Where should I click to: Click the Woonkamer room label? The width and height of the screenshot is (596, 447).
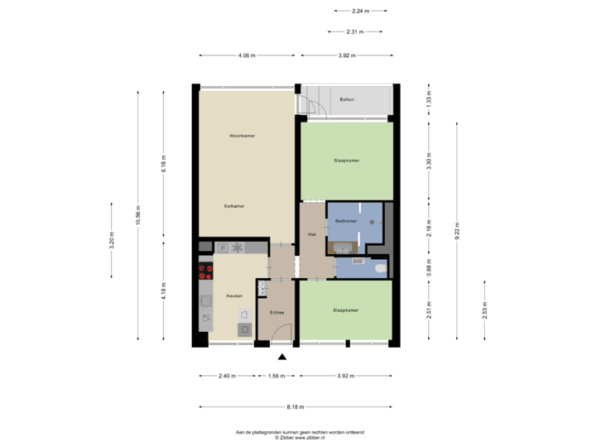tap(242, 135)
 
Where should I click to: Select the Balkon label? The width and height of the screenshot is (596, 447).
tap(347, 99)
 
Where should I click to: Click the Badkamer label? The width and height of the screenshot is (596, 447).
tap(346, 221)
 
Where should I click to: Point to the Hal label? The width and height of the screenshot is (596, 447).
tap(313, 235)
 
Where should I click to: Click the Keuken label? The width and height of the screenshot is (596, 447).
tap(234, 296)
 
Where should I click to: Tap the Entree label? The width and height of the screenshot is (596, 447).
tap(276, 312)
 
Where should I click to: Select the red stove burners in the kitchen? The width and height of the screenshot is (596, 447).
tap(202, 273)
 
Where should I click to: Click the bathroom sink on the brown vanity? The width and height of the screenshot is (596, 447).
tap(340, 246)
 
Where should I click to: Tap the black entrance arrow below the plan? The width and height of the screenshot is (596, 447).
tap(282, 358)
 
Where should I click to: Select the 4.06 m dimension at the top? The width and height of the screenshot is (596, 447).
tap(247, 55)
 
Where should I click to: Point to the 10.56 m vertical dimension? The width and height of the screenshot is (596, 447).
tap(138, 215)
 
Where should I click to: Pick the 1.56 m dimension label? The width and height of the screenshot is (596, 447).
tap(276, 376)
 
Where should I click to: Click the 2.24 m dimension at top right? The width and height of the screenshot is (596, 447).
tap(360, 12)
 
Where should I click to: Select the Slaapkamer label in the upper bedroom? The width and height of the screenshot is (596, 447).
tap(347, 160)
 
